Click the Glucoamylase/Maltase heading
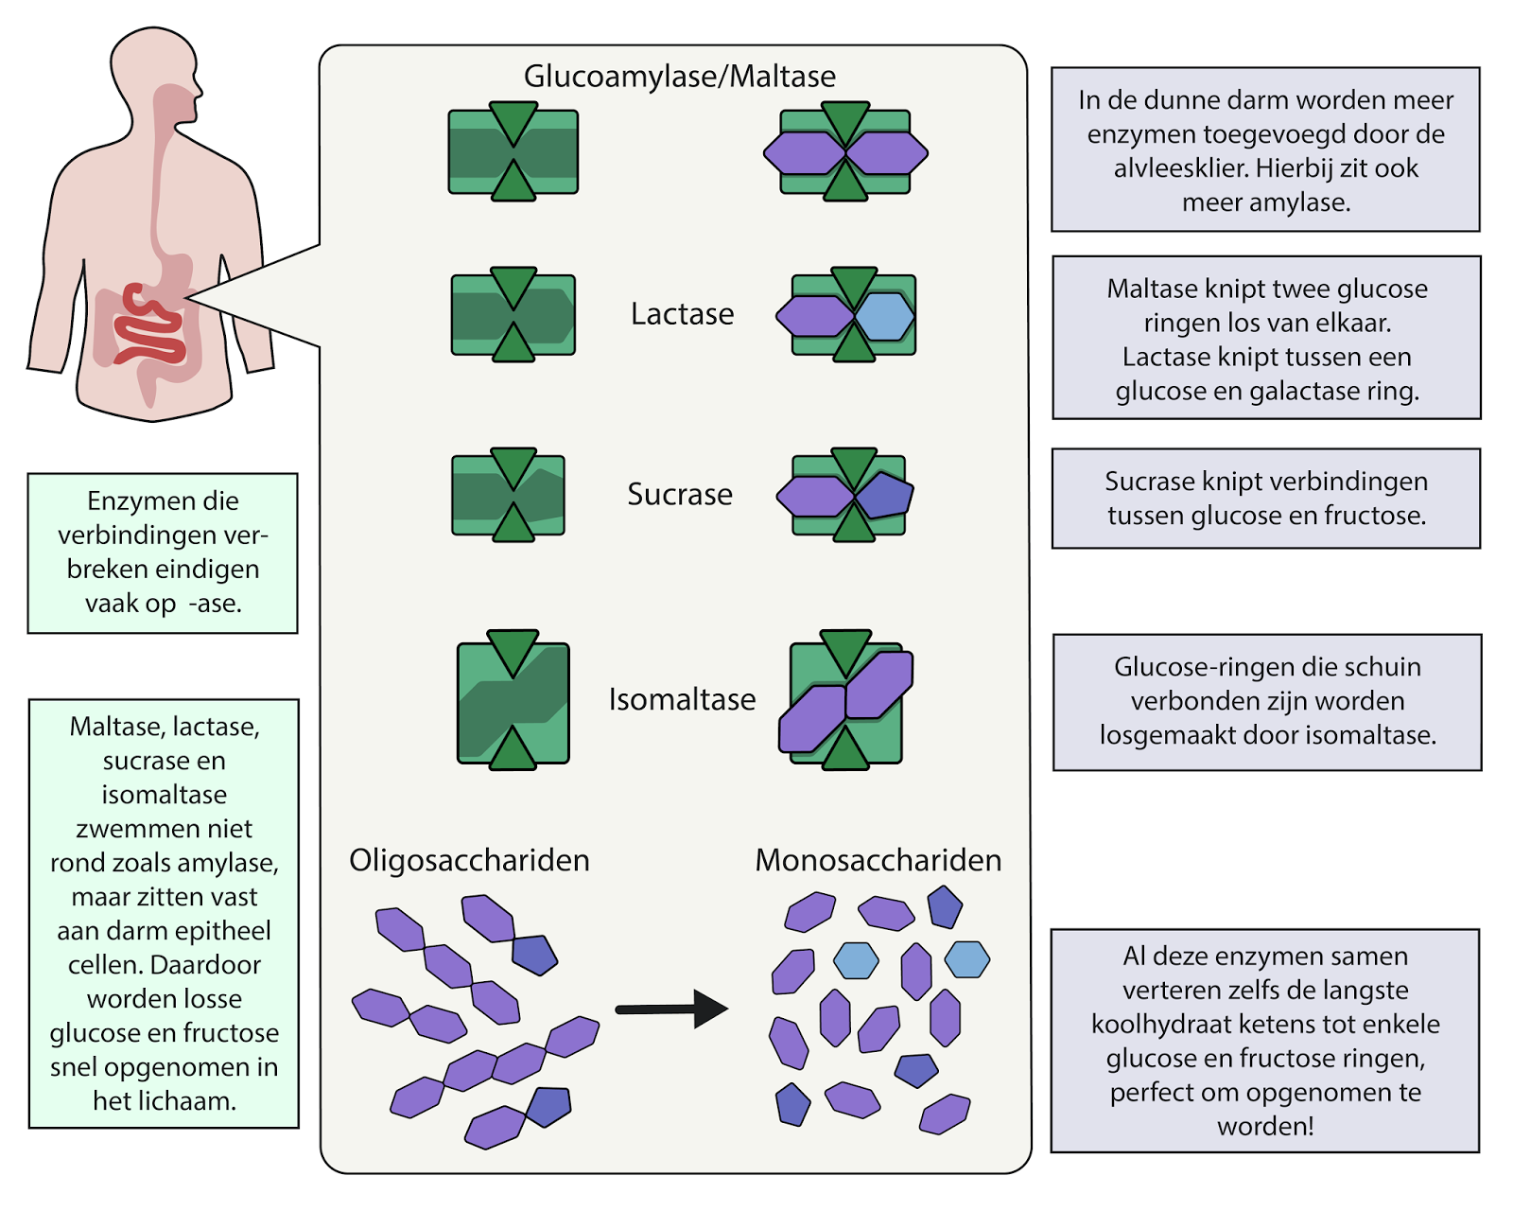point(679,76)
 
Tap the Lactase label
point(682,313)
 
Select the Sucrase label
point(680,494)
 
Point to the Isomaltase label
point(682,699)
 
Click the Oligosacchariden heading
point(469,860)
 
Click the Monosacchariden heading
point(878,860)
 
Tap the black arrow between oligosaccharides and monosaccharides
point(671,1009)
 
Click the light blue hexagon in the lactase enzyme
point(885,316)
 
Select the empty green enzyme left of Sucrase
point(509,495)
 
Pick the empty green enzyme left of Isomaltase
point(513,701)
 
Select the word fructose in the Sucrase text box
point(1376,516)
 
